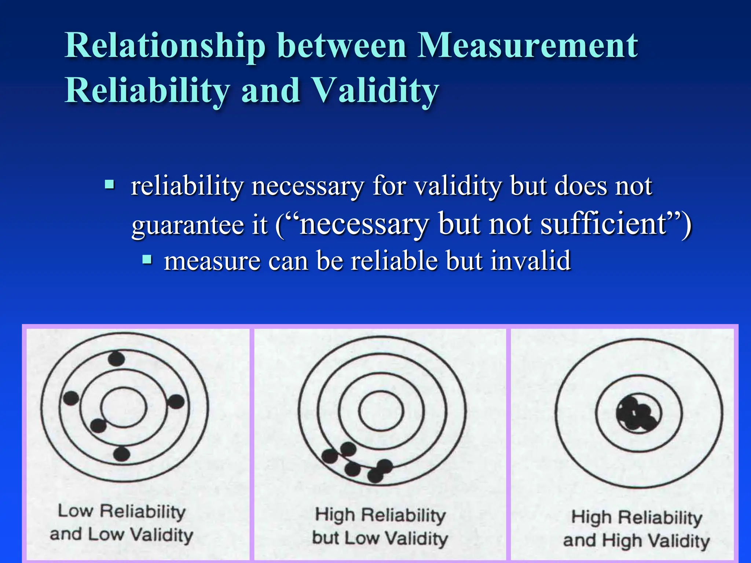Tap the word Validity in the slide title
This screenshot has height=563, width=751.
coord(376,91)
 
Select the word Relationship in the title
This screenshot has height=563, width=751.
coord(165,46)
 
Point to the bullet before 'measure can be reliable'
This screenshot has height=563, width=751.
coord(147,260)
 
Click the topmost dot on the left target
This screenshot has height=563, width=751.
coord(117,359)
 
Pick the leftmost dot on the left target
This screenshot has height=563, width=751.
coord(71,398)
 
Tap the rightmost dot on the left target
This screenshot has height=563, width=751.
coord(176,402)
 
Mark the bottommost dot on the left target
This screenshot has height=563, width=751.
coord(121,455)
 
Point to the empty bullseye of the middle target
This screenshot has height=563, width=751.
coord(381,411)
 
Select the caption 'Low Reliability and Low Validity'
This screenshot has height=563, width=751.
coord(121,523)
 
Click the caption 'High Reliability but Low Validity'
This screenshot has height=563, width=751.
coord(380,527)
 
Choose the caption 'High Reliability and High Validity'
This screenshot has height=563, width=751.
coord(636,529)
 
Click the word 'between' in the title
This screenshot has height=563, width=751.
coord(342,46)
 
